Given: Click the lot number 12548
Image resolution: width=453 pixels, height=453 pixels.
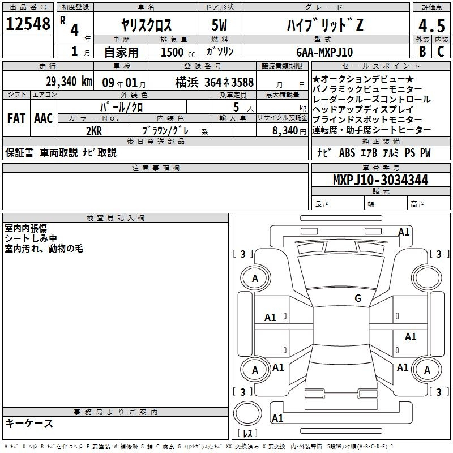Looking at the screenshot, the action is click(x=28, y=24).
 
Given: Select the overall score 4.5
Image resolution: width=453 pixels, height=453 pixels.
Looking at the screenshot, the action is click(x=431, y=25).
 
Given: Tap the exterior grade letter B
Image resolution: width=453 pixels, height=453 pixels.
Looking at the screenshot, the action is click(x=422, y=52).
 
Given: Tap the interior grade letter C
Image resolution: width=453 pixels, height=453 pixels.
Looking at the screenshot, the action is click(x=441, y=52).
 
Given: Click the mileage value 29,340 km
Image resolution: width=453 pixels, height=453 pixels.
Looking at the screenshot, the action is click(x=69, y=82).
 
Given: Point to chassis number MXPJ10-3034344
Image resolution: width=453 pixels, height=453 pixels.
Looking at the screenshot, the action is click(x=381, y=180).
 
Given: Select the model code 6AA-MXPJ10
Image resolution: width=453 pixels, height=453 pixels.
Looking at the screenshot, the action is click(x=324, y=52).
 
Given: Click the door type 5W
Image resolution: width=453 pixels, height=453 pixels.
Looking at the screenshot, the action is click(x=219, y=25).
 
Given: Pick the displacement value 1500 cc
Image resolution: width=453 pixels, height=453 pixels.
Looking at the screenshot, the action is click(x=178, y=53).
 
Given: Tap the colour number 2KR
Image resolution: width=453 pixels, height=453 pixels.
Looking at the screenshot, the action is click(x=94, y=131).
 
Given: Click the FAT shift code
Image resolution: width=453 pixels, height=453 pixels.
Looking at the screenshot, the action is click(x=16, y=118).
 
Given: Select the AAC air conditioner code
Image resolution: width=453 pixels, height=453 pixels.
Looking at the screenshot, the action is click(x=44, y=118).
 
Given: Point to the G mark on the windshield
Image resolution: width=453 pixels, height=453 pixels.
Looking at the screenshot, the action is click(x=358, y=298).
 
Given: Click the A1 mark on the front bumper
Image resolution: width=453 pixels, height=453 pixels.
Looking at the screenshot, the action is click(x=404, y=232).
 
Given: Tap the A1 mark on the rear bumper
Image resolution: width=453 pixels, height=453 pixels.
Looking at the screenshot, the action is click(x=277, y=418).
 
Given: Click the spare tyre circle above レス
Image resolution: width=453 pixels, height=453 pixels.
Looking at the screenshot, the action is click(x=247, y=413).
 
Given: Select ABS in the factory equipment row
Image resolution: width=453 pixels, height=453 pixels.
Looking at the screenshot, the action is click(x=347, y=153).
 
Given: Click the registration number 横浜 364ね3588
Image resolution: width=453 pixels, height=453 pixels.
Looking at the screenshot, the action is click(x=215, y=82).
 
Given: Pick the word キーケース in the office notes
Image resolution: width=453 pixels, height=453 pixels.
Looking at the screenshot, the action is click(x=29, y=424).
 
